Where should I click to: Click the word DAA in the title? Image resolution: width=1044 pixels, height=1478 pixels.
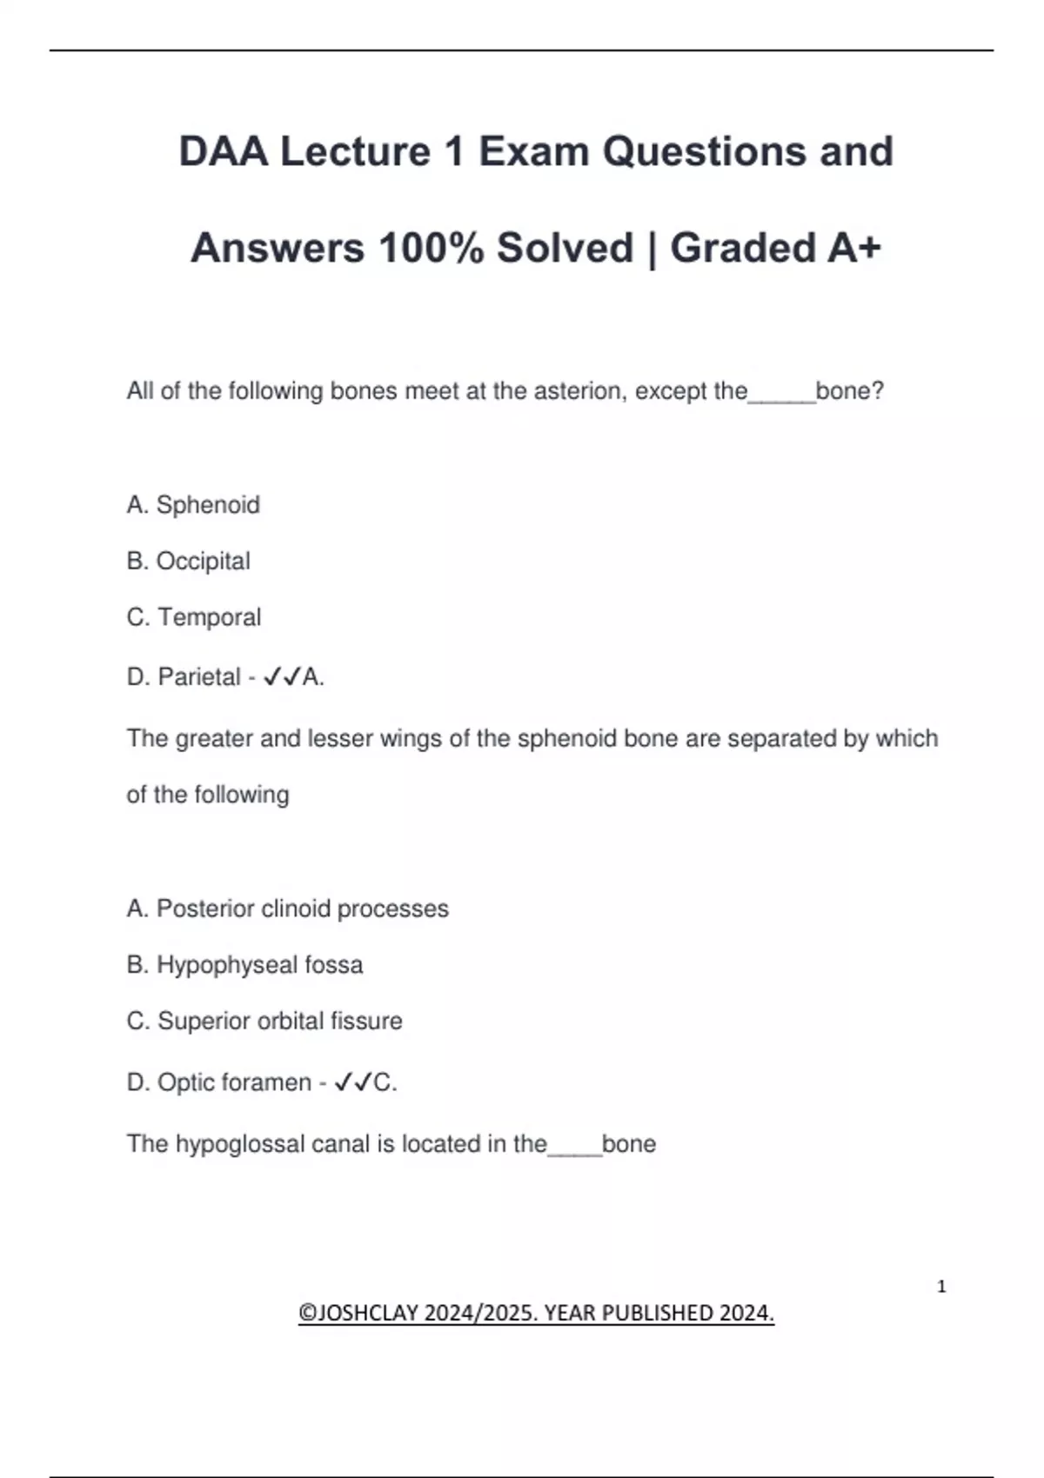[224, 152]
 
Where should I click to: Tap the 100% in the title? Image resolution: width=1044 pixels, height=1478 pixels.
[431, 249]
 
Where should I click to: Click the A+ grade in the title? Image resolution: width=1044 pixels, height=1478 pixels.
[854, 249]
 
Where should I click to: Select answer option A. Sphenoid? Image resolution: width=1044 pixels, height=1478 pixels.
[193, 505]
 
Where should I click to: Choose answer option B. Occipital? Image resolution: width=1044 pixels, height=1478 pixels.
[188, 562]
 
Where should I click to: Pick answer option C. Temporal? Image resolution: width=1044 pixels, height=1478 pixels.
[193, 617]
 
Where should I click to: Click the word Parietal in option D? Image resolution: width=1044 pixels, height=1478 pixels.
[199, 677]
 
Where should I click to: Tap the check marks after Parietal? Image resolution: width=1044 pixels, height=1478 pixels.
[282, 677]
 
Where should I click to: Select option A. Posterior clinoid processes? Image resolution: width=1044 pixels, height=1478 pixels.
[287, 909]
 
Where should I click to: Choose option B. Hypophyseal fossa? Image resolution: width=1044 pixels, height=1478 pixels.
[244, 965]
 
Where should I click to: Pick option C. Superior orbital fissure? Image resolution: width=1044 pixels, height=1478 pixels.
[264, 1021]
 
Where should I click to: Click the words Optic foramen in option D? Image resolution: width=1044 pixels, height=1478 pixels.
[234, 1082]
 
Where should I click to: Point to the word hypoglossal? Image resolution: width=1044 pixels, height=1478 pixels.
[229, 1144]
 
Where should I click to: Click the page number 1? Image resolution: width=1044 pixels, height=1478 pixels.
[941, 1287]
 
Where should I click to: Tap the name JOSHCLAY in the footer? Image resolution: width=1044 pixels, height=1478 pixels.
[369, 1313]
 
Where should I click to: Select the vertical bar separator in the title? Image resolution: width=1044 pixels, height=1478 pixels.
[652, 249]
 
